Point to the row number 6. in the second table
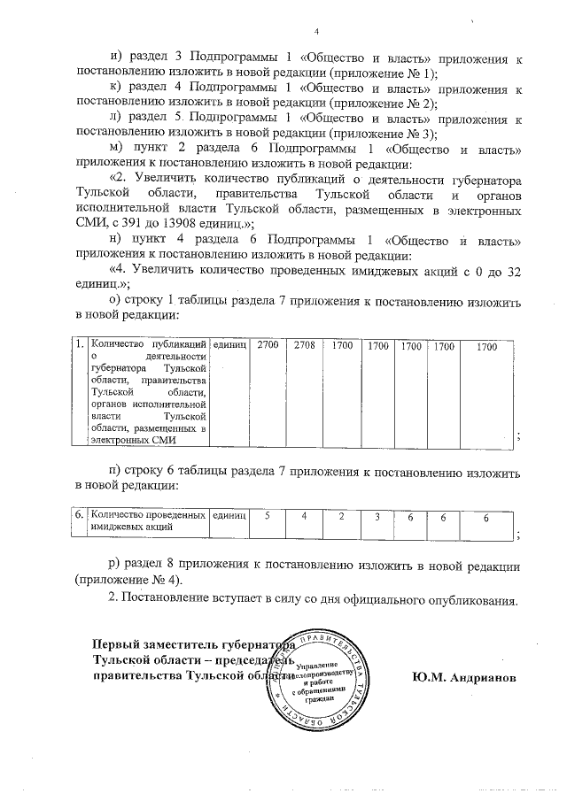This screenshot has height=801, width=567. pos(79,514)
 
